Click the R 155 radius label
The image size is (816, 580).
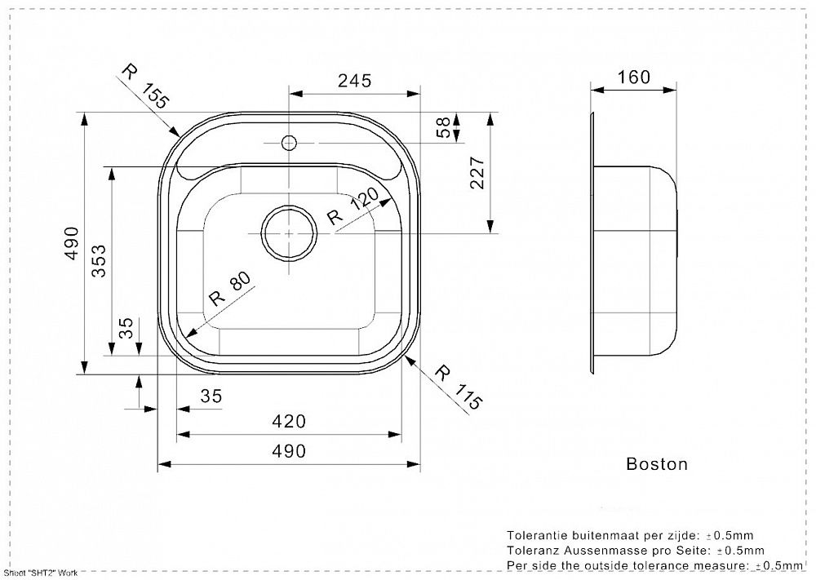[145, 86]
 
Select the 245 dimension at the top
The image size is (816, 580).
[355, 81]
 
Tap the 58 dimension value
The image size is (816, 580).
[443, 127]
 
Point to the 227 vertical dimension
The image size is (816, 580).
[477, 173]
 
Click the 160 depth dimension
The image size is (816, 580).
[633, 77]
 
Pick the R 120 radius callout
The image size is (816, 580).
[353, 206]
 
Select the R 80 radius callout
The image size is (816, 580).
[229, 289]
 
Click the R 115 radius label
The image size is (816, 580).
[458, 387]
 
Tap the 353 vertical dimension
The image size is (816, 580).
[99, 261]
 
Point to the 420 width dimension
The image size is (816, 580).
[290, 421]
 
